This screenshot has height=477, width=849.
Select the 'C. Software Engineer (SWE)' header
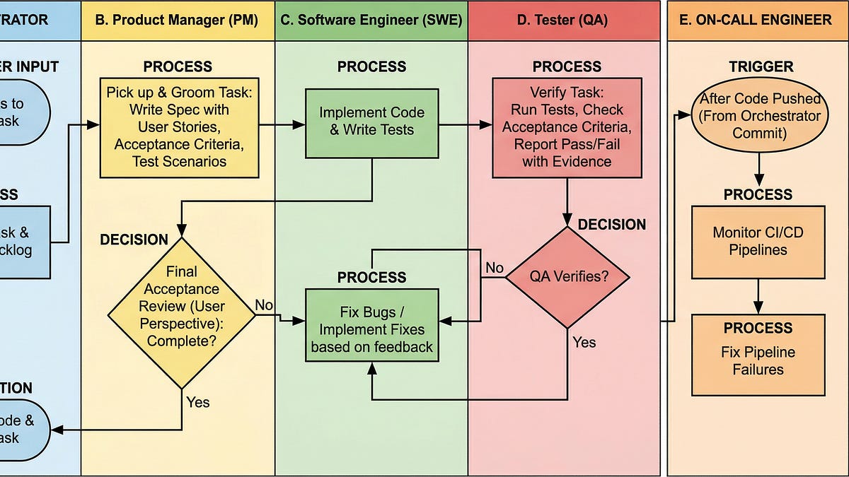[x=371, y=20]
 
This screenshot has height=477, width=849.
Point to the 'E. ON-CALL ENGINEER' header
[x=755, y=20]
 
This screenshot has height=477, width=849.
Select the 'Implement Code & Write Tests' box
[x=371, y=122]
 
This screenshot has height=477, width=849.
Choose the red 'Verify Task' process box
[x=567, y=127]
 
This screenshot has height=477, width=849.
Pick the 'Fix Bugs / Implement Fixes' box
[x=371, y=329]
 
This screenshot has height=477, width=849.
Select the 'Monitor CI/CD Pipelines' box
[x=758, y=241]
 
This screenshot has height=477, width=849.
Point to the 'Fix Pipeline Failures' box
[x=758, y=360]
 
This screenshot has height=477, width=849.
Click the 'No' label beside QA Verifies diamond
[x=494, y=268]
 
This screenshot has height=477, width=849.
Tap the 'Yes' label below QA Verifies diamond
[x=584, y=342]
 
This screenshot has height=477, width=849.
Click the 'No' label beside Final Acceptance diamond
[x=264, y=305]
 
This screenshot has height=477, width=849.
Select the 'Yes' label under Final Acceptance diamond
[x=198, y=402]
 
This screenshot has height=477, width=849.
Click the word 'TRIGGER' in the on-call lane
[x=761, y=67]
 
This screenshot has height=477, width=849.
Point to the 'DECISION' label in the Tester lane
[x=611, y=225]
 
